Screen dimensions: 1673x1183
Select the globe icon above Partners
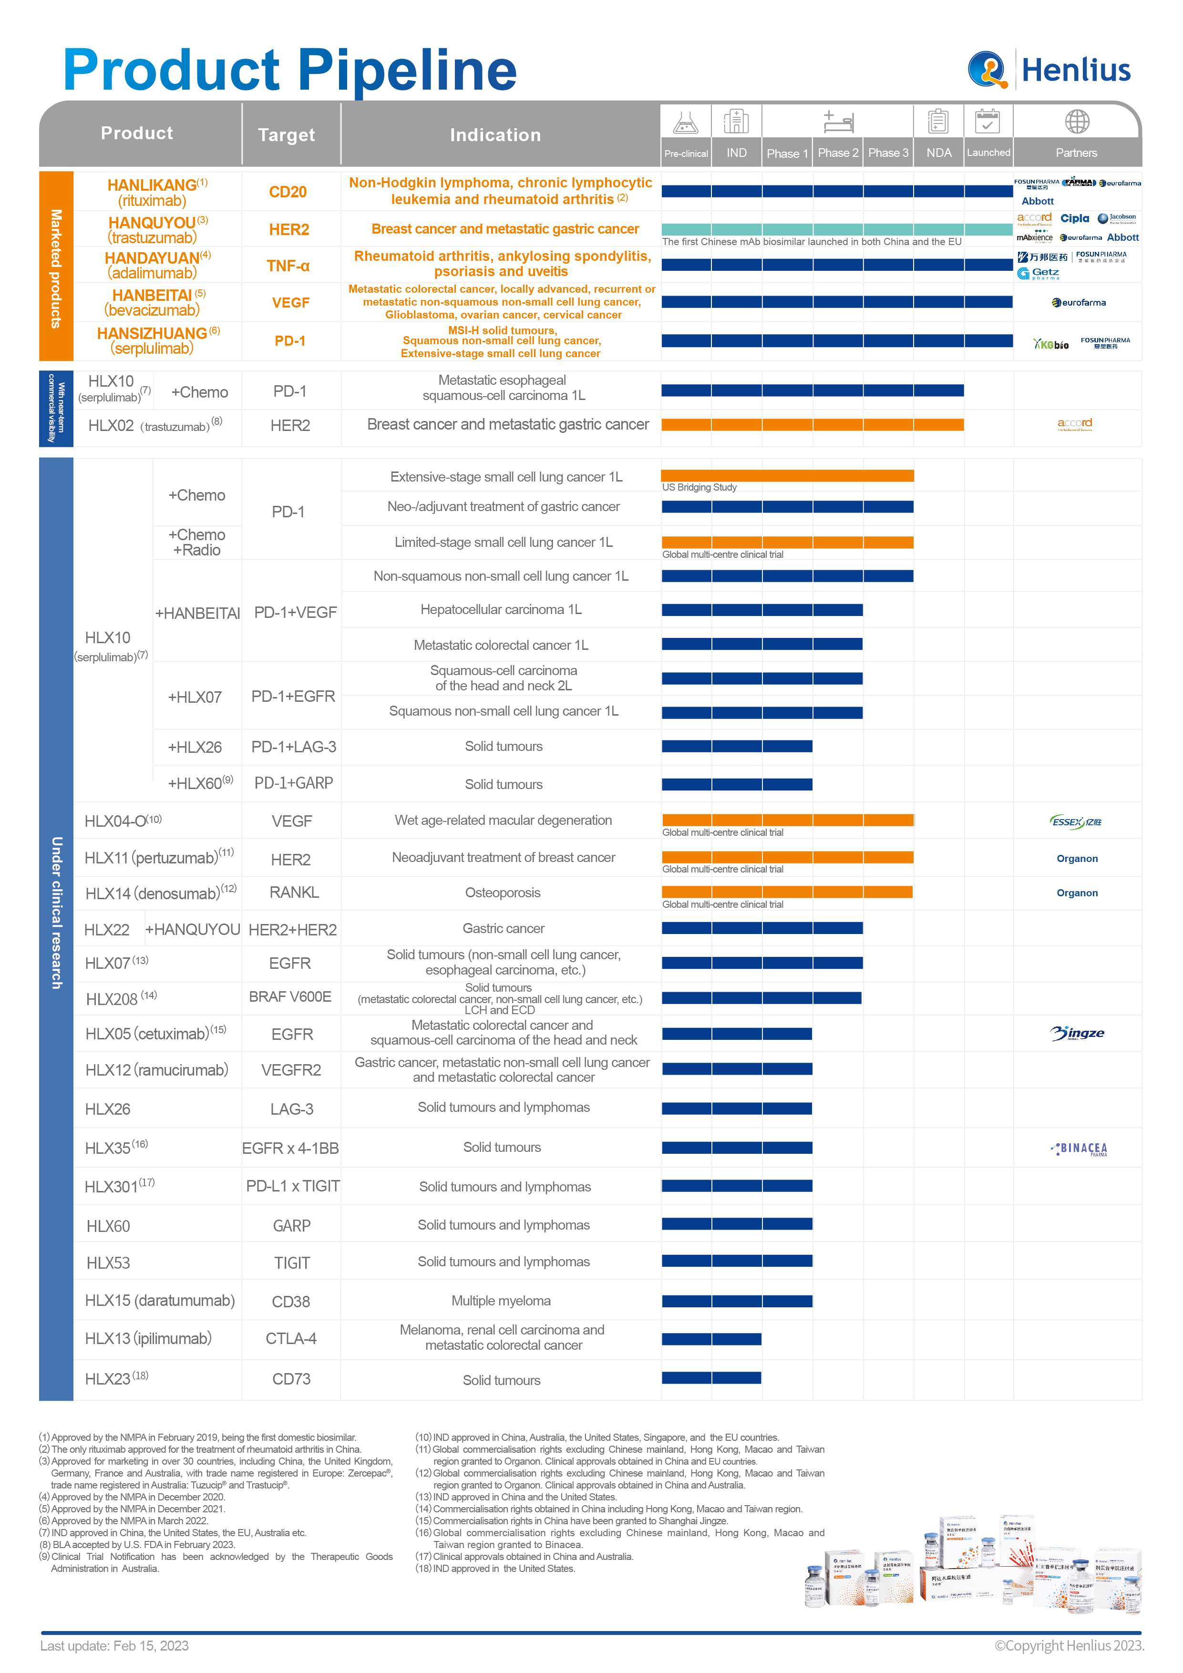pos(1077,122)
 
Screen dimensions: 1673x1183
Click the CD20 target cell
pos(288,192)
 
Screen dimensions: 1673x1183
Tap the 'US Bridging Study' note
pos(699,487)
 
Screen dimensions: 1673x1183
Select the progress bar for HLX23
pos(711,1378)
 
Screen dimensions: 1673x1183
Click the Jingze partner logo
pos(1077,1033)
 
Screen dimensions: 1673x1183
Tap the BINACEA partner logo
pos(1079,1149)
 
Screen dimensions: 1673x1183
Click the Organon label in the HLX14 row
pos(1077,893)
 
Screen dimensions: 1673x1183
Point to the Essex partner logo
pos(1075,822)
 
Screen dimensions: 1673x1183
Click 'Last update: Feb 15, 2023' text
pos(114,1646)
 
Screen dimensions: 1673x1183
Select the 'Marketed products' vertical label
pos(56,268)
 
